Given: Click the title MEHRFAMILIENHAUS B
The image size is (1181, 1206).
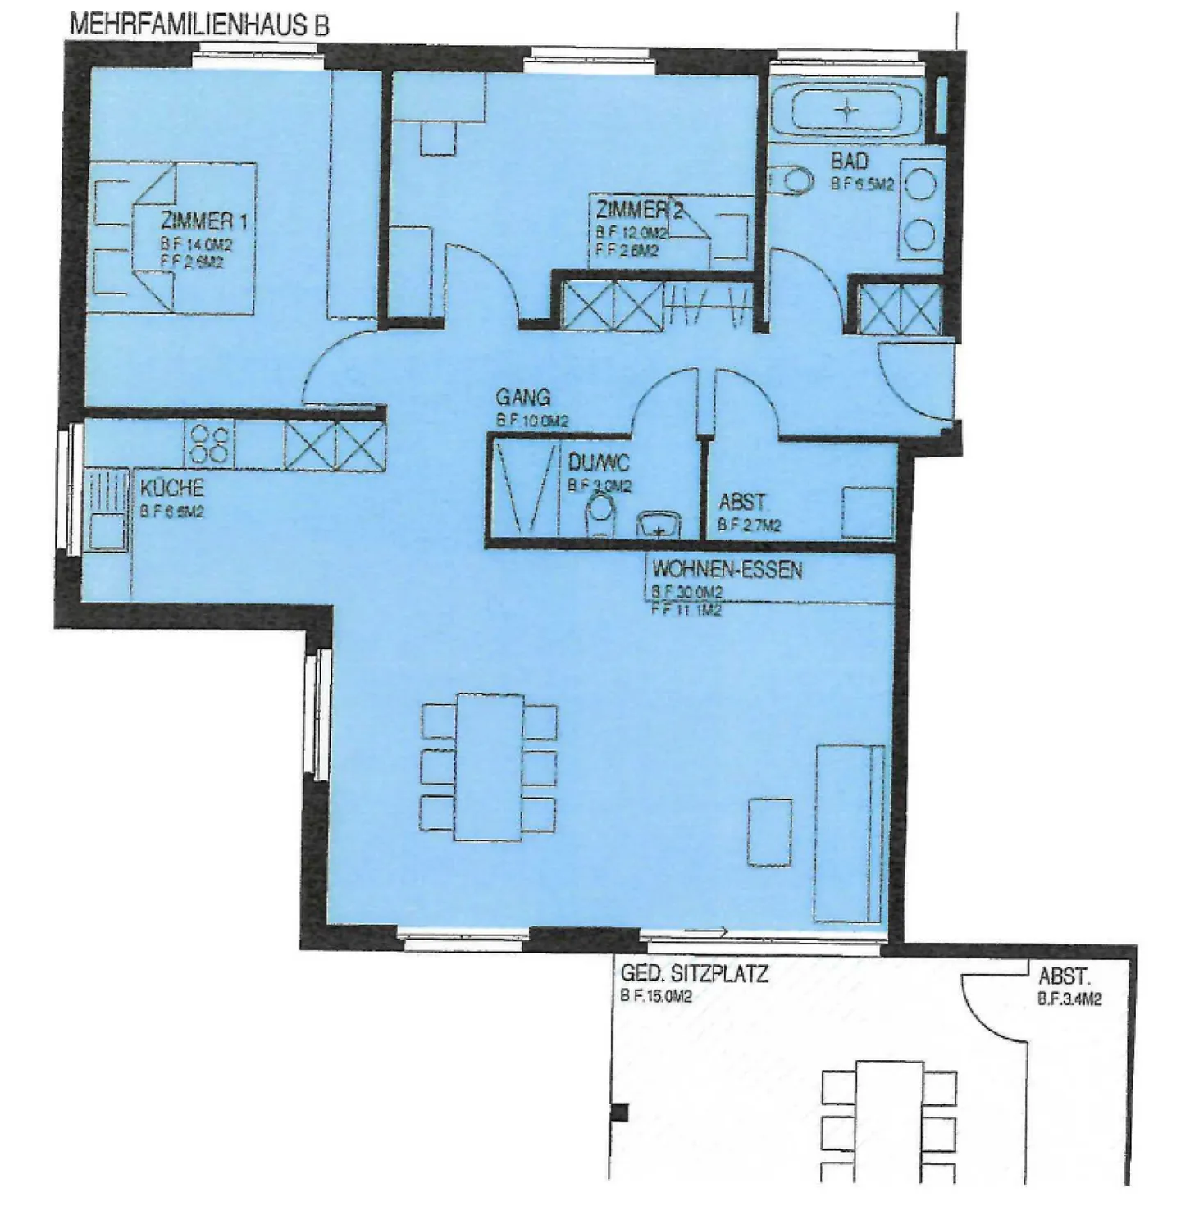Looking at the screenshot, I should click(x=199, y=25).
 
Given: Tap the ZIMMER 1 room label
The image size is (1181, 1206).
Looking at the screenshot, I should click(x=203, y=221).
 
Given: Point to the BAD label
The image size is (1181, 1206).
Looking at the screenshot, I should click(x=849, y=161).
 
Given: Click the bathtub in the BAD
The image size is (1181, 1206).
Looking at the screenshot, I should click(x=847, y=109).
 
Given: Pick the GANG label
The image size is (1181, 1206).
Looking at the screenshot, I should click(x=522, y=398).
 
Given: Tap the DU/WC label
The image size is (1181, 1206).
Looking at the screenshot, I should click(x=599, y=463).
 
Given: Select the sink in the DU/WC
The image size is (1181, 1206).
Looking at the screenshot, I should click(x=659, y=523).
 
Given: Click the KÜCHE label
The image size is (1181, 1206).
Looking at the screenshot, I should click(x=171, y=489).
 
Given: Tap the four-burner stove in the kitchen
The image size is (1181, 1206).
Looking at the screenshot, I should click(x=210, y=444).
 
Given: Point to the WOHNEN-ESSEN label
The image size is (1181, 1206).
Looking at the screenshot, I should click(x=727, y=569).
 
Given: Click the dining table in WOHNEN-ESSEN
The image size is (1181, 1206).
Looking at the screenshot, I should click(x=490, y=767).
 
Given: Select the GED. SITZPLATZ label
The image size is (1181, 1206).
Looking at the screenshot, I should click(x=694, y=974).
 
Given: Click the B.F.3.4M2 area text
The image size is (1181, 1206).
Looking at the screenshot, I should click(x=1069, y=999).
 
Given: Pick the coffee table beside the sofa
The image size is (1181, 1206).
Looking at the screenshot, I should click(x=770, y=831).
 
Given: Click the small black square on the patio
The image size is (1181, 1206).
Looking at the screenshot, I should click(x=620, y=1113).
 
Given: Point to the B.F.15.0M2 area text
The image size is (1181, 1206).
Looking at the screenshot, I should click(x=656, y=997).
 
